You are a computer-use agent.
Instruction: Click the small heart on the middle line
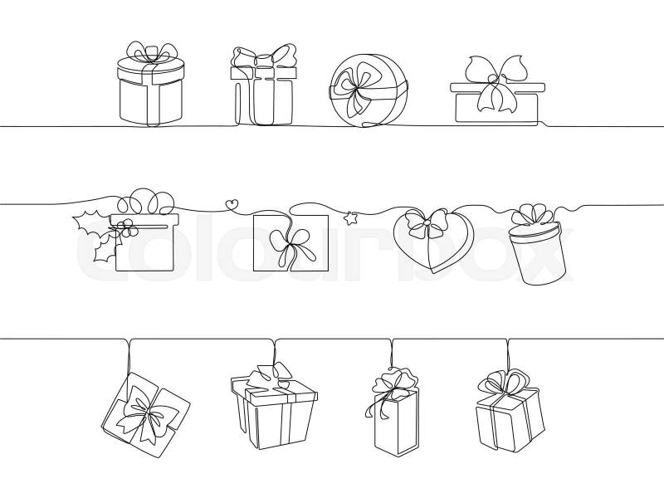tap(232, 204)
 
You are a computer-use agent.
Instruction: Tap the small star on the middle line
tap(350, 218)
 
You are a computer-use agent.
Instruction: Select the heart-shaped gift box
tap(432, 241)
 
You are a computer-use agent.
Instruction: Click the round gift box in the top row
tap(368, 90)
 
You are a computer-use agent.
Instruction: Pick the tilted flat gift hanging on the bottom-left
tap(146, 414)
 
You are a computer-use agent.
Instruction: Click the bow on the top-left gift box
tap(151, 53)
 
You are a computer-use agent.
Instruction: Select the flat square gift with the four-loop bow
tap(290, 242)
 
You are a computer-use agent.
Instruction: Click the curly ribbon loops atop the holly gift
tap(146, 201)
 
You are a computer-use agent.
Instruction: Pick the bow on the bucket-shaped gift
tap(531, 214)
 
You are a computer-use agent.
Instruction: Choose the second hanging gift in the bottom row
tap(274, 406)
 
